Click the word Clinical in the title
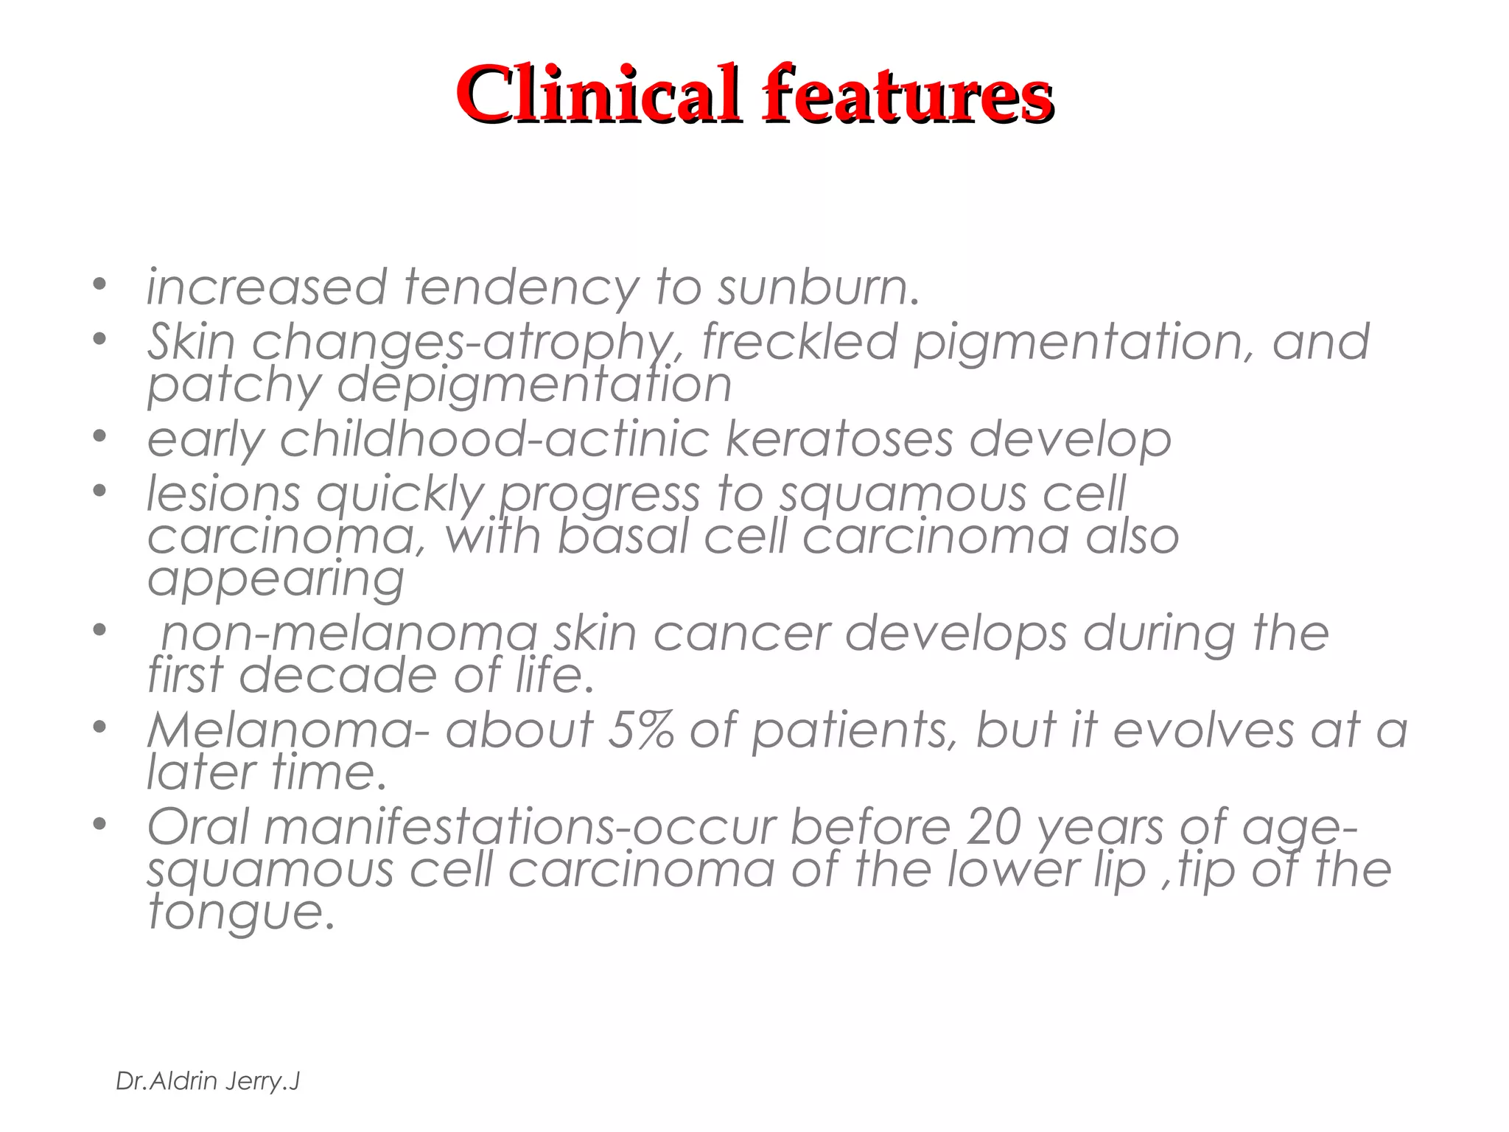click(x=597, y=94)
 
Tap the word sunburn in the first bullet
click(x=818, y=287)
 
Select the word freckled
click(x=799, y=342)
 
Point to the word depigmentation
click(x=534, y=385)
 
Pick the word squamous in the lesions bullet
click(x=903, y=494)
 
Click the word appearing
click(x=276, y=579)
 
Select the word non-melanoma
click(x=350, y=634)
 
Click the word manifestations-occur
click(x=520, y=827)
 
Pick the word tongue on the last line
click(x=240, y=913)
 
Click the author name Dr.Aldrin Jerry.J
click(x=208, y=1081)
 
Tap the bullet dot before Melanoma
click(x=100, y=728)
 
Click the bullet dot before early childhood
click(x=100, y=437)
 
